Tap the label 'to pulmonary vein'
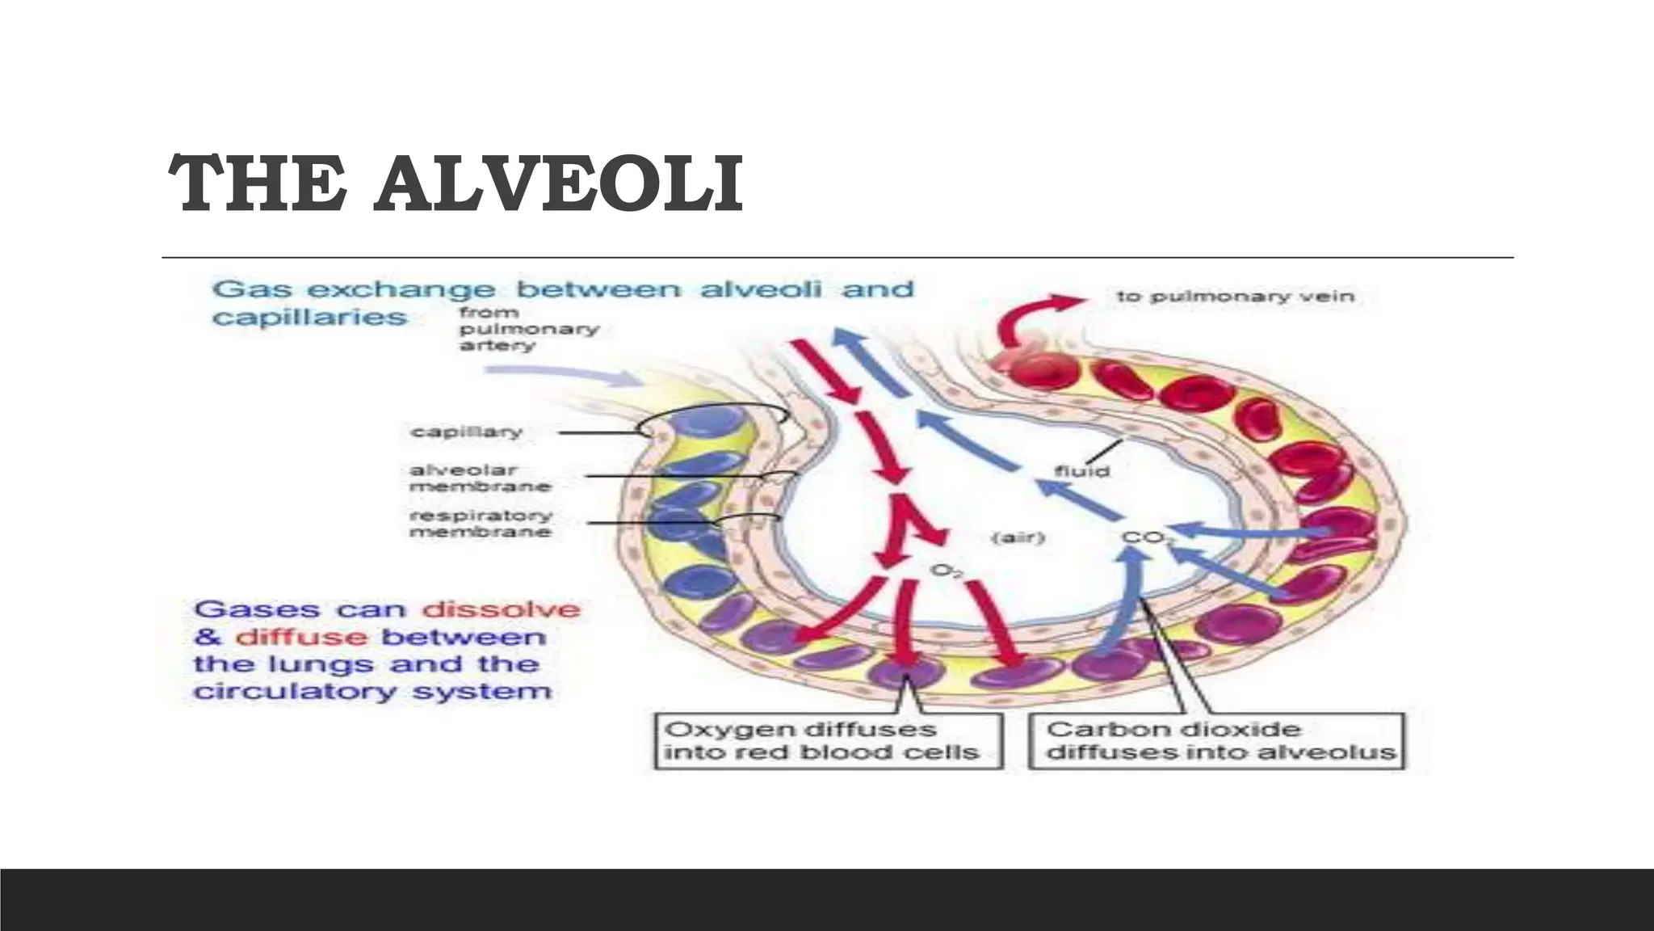tap(1235, 297)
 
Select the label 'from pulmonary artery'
tap(529, 329)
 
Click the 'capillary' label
tap(466, 432)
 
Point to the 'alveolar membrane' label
tap(480, 478)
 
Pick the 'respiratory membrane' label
tap(481, 523)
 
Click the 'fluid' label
tap(1081, 470)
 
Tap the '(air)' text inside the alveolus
tap(1018, 537)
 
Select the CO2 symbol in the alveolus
tap(1142, 538)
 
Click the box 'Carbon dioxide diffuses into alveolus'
tap(1218, 741)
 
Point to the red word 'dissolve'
tap(501, 609)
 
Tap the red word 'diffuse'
tap(301, 638)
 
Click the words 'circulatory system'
tap(372, 692)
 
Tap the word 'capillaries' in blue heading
tap(309, 317)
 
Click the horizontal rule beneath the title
tap(837, 258)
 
